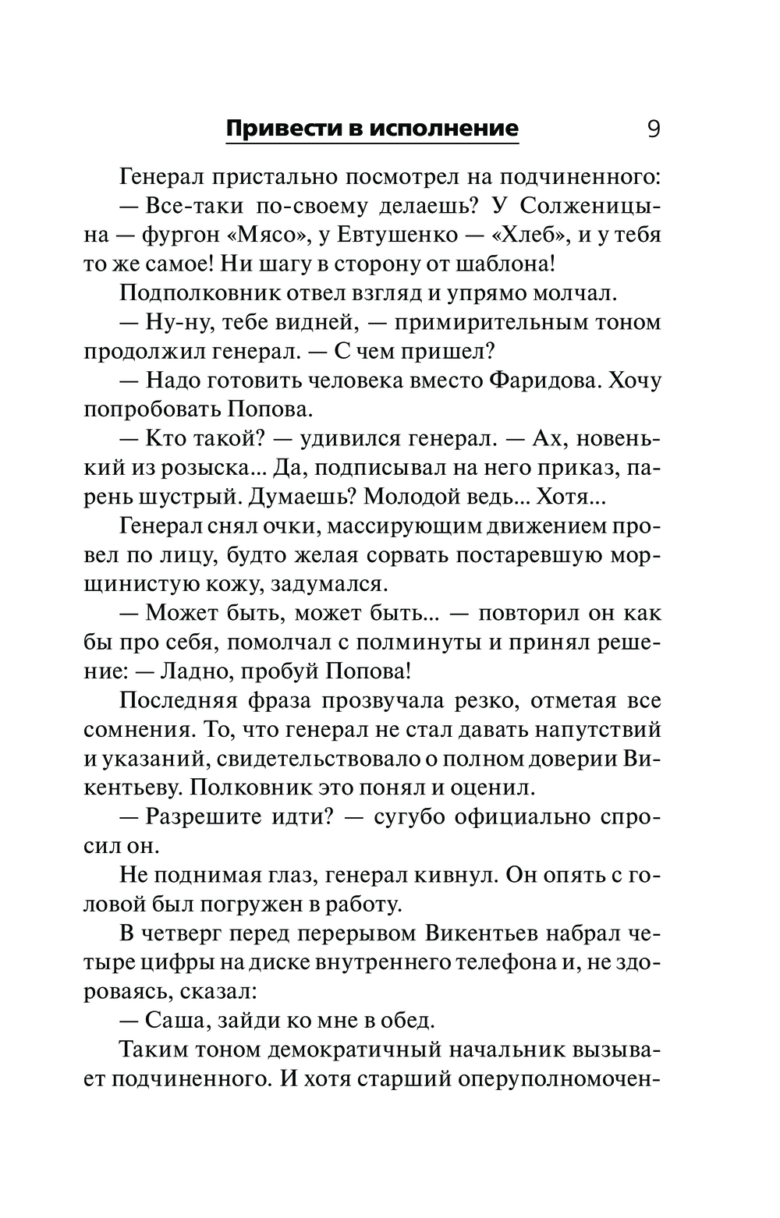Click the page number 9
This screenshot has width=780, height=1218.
point(653,128)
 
